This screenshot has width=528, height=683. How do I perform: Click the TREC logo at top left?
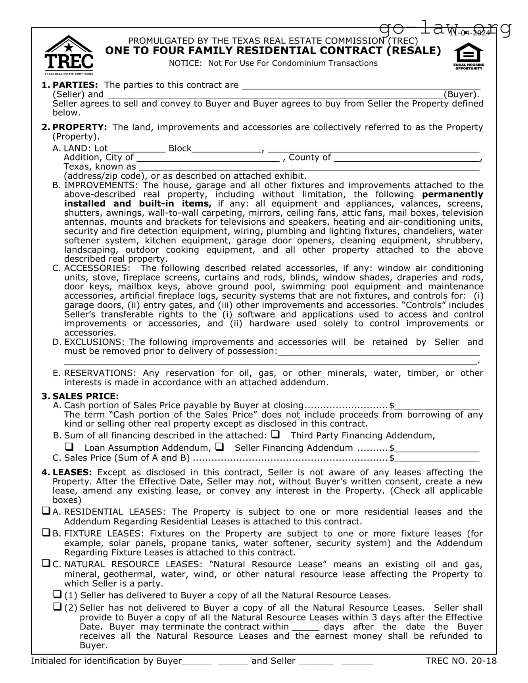pyautogui.click(x=69, y=55)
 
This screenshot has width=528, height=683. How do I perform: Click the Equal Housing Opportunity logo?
pyautogui.click(x=468, y=56)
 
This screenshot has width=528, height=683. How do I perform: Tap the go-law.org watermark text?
pyautogui.click(x=445, y=28)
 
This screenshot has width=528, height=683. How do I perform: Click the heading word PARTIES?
pyautogui.click(x=75, y=85)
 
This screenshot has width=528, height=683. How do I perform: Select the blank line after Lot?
pyautogui.click(x=137, y=149)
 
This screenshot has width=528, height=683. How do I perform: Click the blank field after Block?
pyautogui.click(x=227, y=149)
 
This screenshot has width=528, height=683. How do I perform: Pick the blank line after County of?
pyautogui.click(x=406, y=158)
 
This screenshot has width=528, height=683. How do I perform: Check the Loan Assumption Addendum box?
pyautogui.click(x=69, y=447)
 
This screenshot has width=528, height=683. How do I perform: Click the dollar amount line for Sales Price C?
pyautogui.click(x=437, y=459)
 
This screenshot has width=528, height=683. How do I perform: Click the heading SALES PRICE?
pyautogui.click(x=85, y=396)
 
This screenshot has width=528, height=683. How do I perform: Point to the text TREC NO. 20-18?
pyautogui.click(x=461, y=661)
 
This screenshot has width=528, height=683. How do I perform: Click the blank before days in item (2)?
pyautogui.click(x=305, y=627)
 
